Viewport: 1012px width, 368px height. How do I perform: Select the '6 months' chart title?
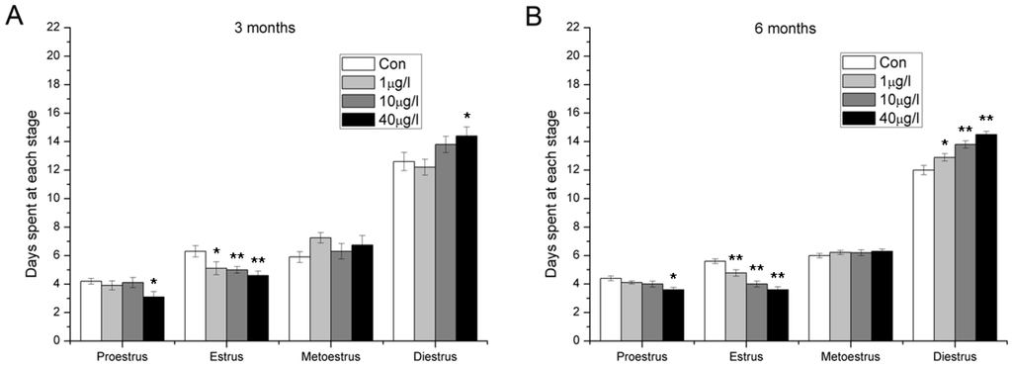coord(788,29)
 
